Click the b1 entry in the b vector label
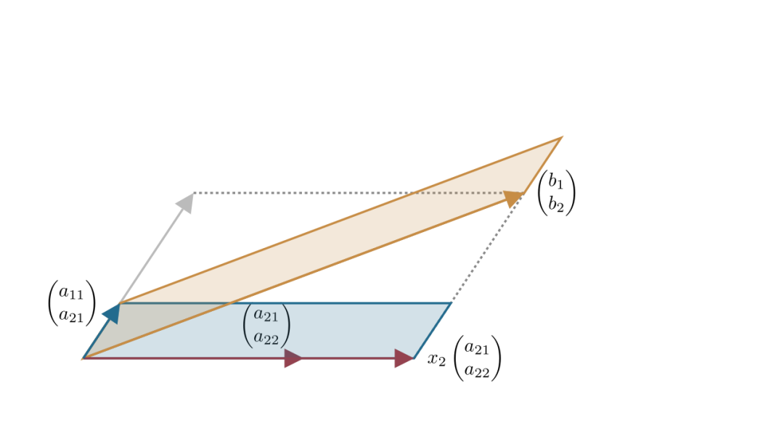pyautogui.click(x=556, y=181)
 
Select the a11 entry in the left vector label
pyautogui.click(x=71, y=292)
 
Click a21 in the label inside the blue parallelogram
pyautogui.click(x=266, y=315)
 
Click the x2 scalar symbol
pyautogui.click(x=436, y=360)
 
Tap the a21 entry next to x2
pyautogui.click(x=477, y=348)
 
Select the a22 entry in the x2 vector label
pyautogui.click(x=477, y=371)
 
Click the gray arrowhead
pyautogui.click(x=186, y=202)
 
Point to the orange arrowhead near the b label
pyautogui.click(x=514, y=198)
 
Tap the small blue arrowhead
pyautogui.click(x=112, y=313)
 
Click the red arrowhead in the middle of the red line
pyautogui.click(x=293, y=358)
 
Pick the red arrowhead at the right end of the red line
pyautogui.click(x=404, y=358)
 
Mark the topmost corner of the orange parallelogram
pyautogui.click(x=561, y=138)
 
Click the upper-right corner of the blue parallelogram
pyautogui.click(x=451, y=303)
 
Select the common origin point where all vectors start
pyautogui.click(x=84, y=358)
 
